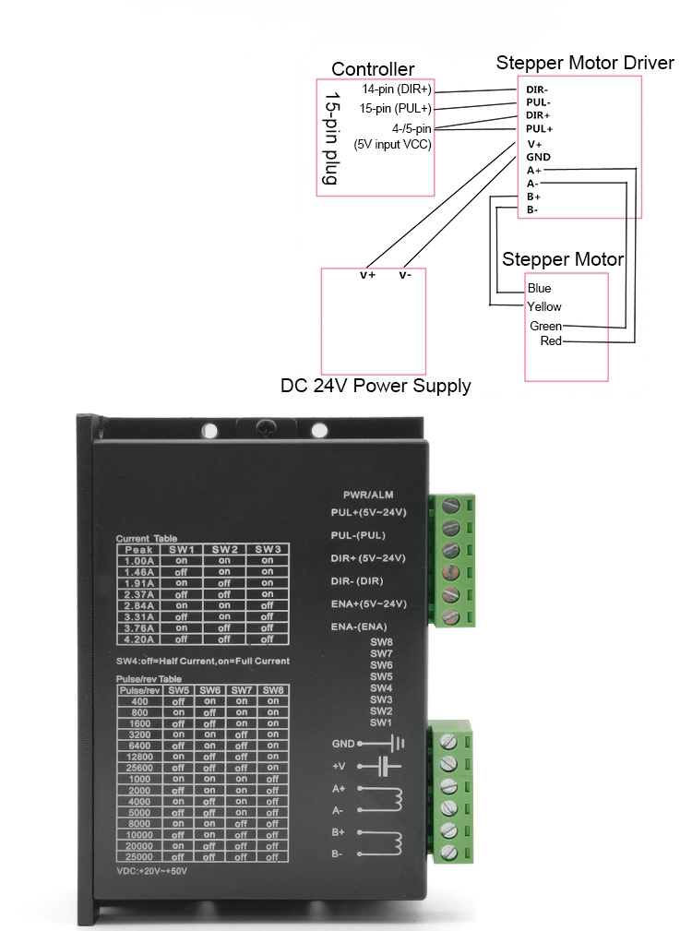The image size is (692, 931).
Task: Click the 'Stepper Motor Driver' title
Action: coord(585,63)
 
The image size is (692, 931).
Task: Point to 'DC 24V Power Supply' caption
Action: coord(376,386)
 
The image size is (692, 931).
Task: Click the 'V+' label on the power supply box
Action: coord(367,275)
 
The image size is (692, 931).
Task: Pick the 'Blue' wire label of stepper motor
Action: coord(540,289)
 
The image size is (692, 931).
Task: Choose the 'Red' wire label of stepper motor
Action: coord(551,341)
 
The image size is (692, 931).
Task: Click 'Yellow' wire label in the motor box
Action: coord(543,306)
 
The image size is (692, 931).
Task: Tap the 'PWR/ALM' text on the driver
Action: coord(368,495)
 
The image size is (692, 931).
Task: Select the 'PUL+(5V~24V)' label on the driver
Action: coord(368,512)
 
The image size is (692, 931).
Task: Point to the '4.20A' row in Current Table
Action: coord(138,639)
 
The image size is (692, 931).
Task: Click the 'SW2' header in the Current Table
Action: coord(224,549)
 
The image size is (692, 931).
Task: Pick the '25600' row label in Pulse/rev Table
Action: coord(139,768)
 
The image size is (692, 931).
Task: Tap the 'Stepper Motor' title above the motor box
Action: coord(562,259)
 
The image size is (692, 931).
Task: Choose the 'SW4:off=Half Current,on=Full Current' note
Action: coord(203,661)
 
